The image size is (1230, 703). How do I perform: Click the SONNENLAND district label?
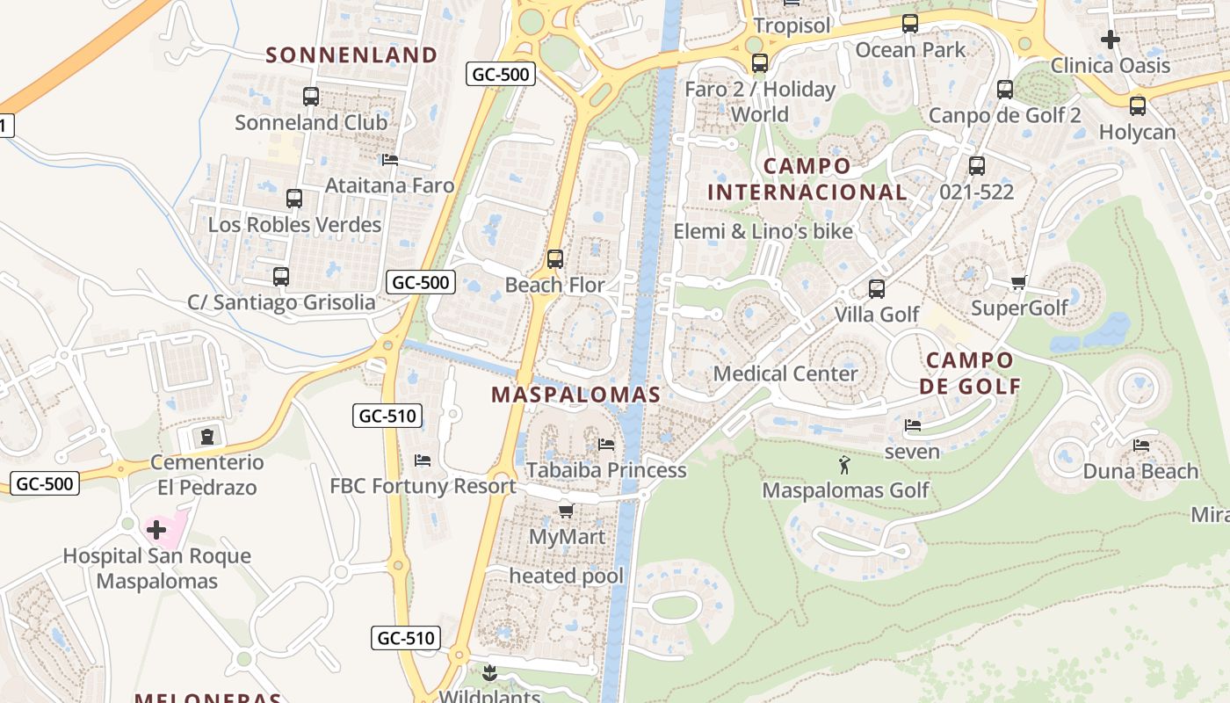pyautogui.click(x=351, y=55)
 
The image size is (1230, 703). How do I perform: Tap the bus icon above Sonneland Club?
pyautogui.click(x=311, y=97)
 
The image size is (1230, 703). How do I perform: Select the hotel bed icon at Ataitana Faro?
pyautogui.click(x=390, y=160)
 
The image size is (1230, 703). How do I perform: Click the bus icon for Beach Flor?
pyautogui.click(x=554, y=259)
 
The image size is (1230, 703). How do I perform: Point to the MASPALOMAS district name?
pyautogui.click(x=575, y=395)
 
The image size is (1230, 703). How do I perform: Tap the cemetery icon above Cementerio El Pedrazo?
pyautogui.click(x=207, y=437)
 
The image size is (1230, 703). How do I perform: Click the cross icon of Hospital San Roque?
pyautogui.click(x=156, y=530)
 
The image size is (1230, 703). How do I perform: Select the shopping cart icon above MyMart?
pyautogui.click(x=566, y=511)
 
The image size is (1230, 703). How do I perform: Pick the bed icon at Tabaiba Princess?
pyautogui.click(x=605, y=444)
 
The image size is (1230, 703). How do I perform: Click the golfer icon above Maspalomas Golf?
pyautogui.click(x=844, y=464)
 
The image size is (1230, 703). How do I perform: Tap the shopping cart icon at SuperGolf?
pyautogui.click(x=1018, y=283)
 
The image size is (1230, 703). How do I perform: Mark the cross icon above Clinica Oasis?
pyautogui.click(x=1111, y=40)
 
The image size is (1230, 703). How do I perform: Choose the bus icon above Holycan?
pyautogui.click(x=1138, y=106)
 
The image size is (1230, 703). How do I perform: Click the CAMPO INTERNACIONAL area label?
pyautogui.click(x=807, y=179)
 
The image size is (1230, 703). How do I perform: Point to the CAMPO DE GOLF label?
pyautogui.click(x=970, y=373)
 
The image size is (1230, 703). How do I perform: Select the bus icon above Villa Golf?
pyautogui.click(x=876, y=289)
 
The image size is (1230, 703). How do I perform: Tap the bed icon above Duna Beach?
pyautogui.click(x=1141, y=446)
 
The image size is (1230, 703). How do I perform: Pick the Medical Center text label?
pyautogui.click(x=785, y=373)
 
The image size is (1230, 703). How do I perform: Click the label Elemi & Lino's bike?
pyautogui.click(x=763, y=231)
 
